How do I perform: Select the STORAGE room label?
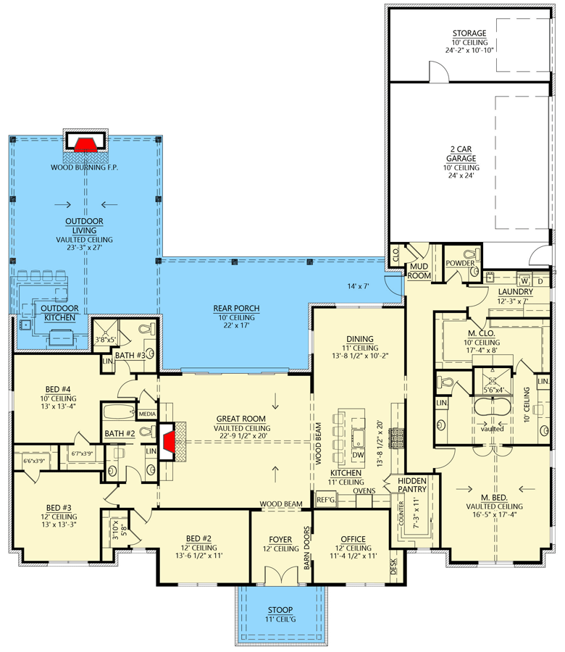469,33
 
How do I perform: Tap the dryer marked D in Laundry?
540,280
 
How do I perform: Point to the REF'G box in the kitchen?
325,499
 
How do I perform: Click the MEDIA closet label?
147,414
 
